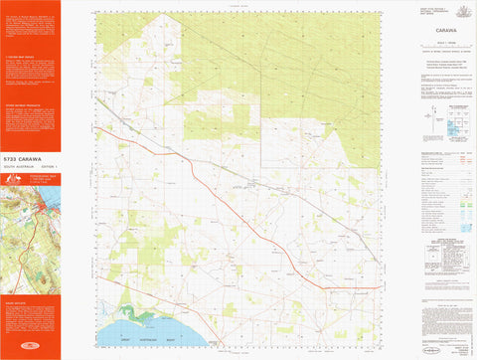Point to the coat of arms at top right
pos(459,9)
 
